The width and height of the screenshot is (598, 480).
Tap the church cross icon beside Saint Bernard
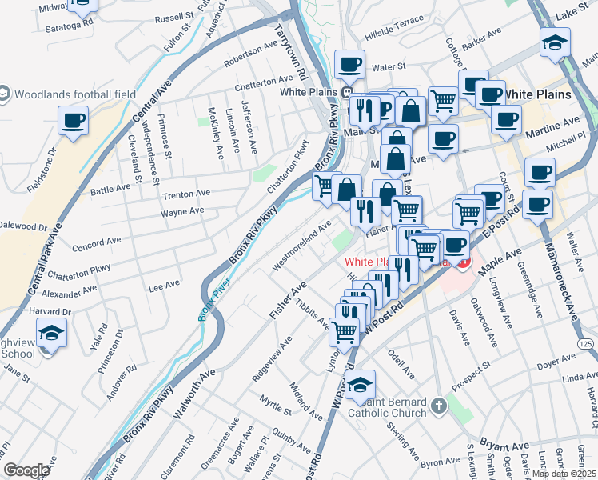(437, 406)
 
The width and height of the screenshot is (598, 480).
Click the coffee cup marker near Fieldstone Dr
(73, 122)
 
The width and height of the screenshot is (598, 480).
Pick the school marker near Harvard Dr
(51, 332)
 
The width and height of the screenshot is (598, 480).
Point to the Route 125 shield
(586, 343)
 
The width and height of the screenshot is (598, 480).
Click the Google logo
(26, 470)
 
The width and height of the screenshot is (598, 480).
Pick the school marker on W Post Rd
(360, 386)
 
